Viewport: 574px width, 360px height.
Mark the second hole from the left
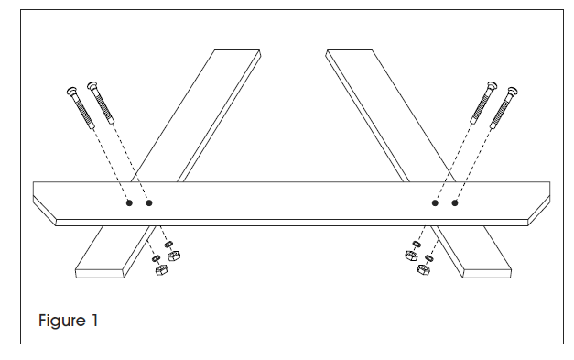point(149,202)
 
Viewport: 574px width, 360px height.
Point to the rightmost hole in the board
point(454,202)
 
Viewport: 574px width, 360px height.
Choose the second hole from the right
point(434,202)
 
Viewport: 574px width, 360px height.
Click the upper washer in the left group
point(168,243)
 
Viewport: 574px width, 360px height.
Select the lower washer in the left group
point(153,259)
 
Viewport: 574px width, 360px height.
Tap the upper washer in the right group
point(417,245)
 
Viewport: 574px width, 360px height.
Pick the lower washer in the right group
point(430,257)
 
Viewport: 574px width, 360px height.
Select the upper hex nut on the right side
point(409,256)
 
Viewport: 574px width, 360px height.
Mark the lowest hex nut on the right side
point(424,268)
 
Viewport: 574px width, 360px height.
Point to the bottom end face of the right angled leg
point(485,272)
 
